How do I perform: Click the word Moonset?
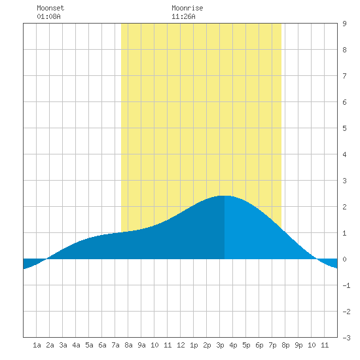click(x=50, y=8)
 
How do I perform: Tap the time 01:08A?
click(x=48, y=16)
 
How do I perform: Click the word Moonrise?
click(x=187, y=8)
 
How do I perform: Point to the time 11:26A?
click(x=183, y=16)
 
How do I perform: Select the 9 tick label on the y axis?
click(x=344, y=24)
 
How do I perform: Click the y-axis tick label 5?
click(x=344, y=128)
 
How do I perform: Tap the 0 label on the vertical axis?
click(x=344, y=259)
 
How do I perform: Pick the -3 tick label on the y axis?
click(x=346, y=338)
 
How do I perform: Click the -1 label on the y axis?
click(x=346, y=285)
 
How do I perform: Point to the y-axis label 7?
click(x=344, y=76)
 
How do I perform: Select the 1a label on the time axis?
click(x=37, y=345)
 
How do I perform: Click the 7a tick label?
click(x=115, y=345)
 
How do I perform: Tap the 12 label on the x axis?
click(x=181, y=345)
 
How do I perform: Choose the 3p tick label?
click(x=220, y=345)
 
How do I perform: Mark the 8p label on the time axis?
click(x=285, y=345)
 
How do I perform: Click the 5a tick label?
click(x=89, y=345)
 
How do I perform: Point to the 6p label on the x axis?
click(x=259, y=345)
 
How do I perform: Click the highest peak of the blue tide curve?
click(x=225, y=196)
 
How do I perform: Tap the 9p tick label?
click(x=298, y=345)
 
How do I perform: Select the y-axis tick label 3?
click(x=344, y=181)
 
